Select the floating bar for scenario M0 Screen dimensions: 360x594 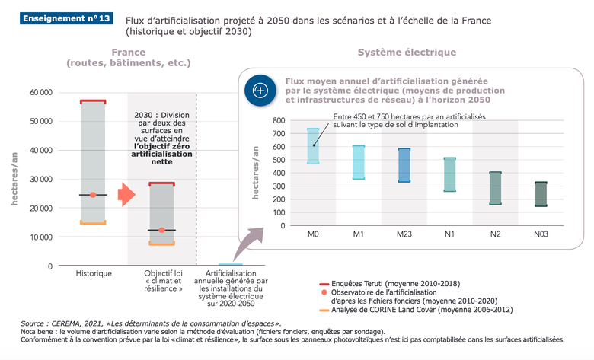[313, 145]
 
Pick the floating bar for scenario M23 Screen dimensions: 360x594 [404, 165]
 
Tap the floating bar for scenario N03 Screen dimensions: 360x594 [541, 194]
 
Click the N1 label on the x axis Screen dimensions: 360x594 [449, 234]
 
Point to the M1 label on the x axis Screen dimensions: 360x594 [358, 234]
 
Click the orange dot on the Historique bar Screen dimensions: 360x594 [94, 195]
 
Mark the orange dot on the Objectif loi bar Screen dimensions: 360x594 [161, 230]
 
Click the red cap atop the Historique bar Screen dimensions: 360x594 [94, 101]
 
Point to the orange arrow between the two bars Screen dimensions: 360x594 [125, 196]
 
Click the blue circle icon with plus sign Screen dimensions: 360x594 [260, 90]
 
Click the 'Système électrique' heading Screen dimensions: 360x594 [407, 53]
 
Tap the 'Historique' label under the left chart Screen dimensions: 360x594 [94, 272]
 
